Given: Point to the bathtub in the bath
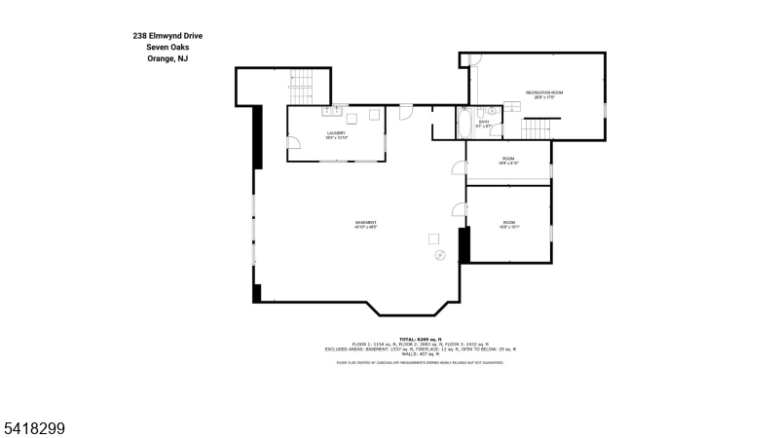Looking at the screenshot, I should coord(464,124).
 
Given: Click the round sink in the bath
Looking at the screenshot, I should coord(493,112).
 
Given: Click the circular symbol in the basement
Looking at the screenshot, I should coord(440,256).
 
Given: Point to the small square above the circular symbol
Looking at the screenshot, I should coord(434,238).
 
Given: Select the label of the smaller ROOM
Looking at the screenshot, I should coord(508,161).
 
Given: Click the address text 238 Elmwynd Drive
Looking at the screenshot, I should coord(167,35).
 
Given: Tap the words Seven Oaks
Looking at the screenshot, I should coord(167,47).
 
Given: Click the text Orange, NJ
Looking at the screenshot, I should coord(167,58).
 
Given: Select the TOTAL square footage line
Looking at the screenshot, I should coord(420,338).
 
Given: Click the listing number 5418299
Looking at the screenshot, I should coord(35,425).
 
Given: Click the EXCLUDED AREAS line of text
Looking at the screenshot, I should coord(420,348).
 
